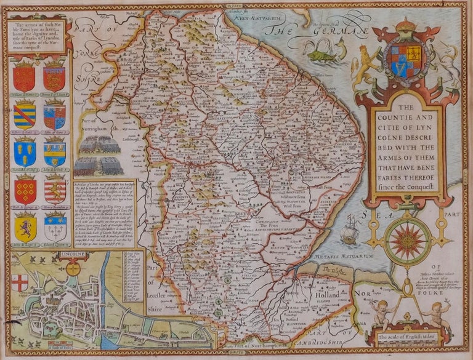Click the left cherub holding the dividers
tap(379, 311)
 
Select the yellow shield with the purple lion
tap(25, 227)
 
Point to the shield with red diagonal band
tap(25, 115)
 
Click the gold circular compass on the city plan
tap(73, 268)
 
